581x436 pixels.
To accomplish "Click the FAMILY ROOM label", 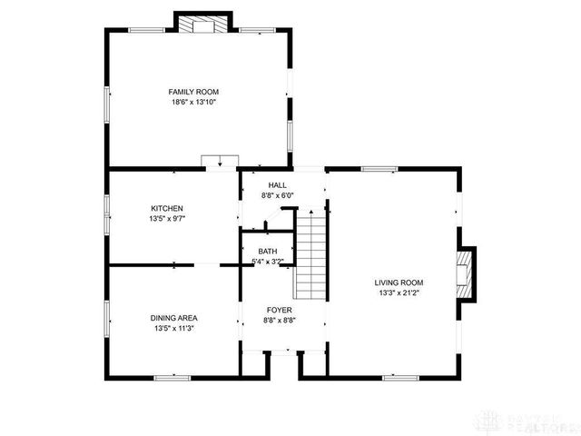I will point(193,92).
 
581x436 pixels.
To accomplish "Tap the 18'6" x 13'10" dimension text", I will point(193,102).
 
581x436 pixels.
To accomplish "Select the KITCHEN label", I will point(167,208).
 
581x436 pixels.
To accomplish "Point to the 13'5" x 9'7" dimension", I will point(167,219).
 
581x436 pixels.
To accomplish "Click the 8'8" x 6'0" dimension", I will point(276,195).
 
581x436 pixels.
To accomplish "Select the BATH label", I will point(268,252).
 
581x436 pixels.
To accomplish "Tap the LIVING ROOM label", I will point(399,282).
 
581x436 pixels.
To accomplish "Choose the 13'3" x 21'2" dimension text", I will point(399,292).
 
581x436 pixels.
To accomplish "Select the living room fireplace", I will point(466,273).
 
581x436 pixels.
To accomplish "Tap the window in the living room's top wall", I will point(379,169).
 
